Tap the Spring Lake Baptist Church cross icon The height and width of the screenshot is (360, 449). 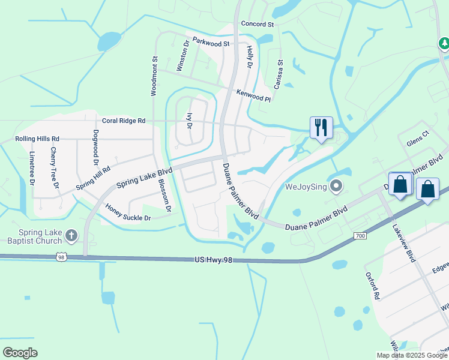click(71, 235)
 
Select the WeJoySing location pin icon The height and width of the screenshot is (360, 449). click(336, 186)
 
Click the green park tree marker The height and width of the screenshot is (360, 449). click(444, 43)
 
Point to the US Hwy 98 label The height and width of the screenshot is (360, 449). click(213, 260)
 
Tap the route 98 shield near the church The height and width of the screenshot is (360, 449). click(61, 256)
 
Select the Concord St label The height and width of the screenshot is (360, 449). click(257, 25)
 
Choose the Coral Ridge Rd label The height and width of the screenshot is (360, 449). click(124, 121)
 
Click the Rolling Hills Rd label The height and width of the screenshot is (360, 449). click(37, 139)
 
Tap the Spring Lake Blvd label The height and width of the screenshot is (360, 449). click(144, 178)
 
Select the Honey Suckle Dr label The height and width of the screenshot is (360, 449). click(128, 212)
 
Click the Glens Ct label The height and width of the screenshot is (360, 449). click(418, 141)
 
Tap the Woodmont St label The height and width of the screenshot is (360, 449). click(154, 76)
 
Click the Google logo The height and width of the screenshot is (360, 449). click(20, 353)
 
